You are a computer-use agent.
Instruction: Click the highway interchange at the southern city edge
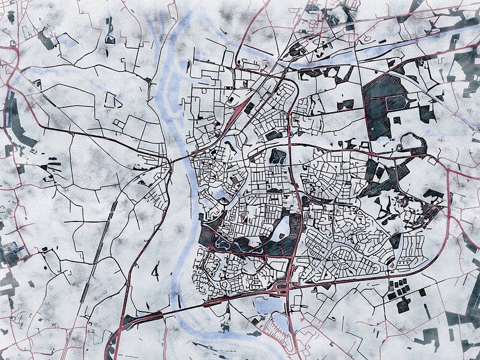tap(282, 290)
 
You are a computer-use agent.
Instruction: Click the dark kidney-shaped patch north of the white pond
tap(277, 157)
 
